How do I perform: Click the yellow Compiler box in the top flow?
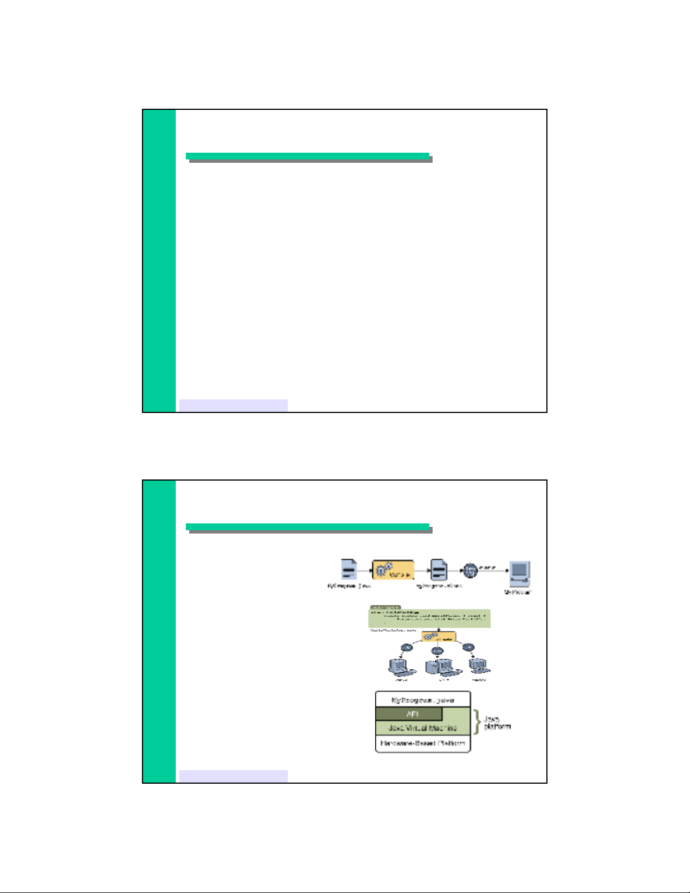click(x=393, y=570)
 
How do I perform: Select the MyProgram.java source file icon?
click(x=349, y=570)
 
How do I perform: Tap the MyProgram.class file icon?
click(x=439, y=570)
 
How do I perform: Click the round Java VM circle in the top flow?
click(x=470, y=570)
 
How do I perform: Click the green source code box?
click(x=429, y=618)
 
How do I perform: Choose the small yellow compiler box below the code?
click(x=438, y=637)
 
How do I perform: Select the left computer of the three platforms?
click(x=400, y=667)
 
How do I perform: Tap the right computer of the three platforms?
click(x=479, y=667)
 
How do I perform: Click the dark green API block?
click(x=409, y=714)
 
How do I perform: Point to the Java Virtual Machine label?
click(x=422, y=728)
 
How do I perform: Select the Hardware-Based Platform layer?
click(x=422, y=744)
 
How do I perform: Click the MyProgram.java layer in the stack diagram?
click(x=422, y=700)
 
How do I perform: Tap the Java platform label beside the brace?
click(x=497, y=723)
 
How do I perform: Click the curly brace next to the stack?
click(x=478, y=721)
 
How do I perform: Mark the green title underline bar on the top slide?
click(x=308, y=156)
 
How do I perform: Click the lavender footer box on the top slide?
click(x=233, y=405)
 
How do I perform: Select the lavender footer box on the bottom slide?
click(x=233, y=776)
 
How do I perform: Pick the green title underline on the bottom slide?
click(x=308, y=527)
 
